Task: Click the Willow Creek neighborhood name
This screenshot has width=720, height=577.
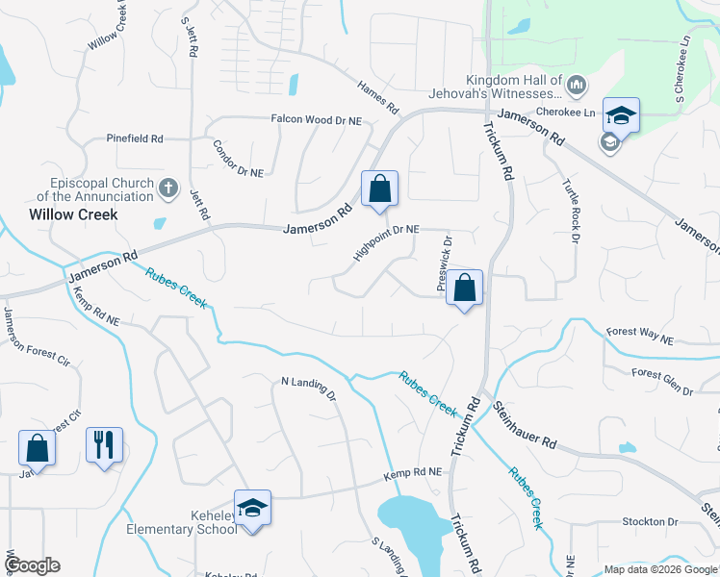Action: [x=73, y=214]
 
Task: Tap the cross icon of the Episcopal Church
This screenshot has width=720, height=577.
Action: [x=168, y=187]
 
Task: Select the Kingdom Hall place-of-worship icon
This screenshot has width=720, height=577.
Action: [x=577, y=87]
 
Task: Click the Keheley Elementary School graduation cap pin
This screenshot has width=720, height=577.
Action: [x=252, y=507]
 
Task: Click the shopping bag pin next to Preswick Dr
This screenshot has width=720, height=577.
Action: [x=464, y=288]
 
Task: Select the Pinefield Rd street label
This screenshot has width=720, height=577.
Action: [x=135, y=138]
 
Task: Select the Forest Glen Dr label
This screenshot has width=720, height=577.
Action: [x=662, y=381]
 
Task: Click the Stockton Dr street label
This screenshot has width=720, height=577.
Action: [x=651, y=521]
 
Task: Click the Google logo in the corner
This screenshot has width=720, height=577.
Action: [x=32, y=565]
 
